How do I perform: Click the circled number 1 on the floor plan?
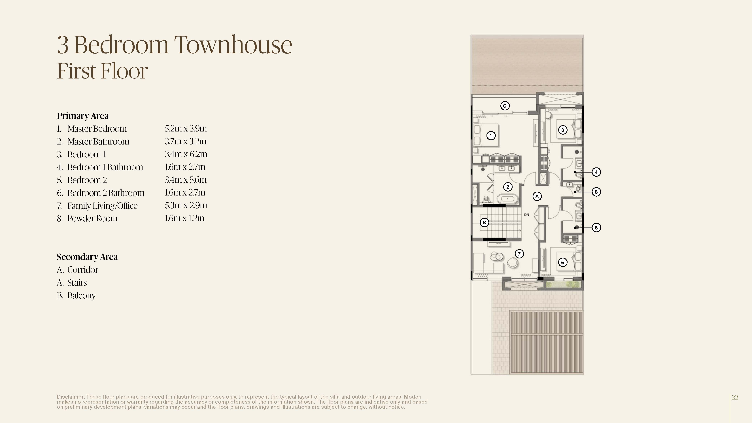[491, 135]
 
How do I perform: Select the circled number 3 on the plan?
[562, 130]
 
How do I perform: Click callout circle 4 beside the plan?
[596, 172]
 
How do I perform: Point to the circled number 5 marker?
[562, 262]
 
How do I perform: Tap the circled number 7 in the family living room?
[519, 254]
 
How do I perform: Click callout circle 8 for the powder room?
[596, 192]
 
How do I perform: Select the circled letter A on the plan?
[537, 196]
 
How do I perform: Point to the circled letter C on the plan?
[505, 106]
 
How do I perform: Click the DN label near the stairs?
[526, 215]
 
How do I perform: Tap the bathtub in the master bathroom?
[508, 199]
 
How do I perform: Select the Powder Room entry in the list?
[92, 218]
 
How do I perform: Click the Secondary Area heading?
[87, 257]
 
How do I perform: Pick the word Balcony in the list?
[81, 296]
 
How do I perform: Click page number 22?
[735, 397]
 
